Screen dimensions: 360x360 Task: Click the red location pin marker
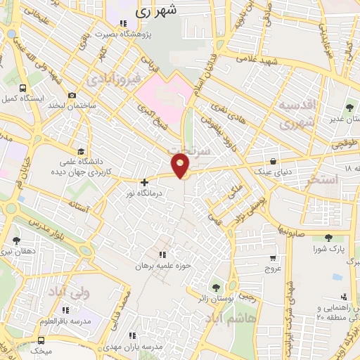tap(181, 166)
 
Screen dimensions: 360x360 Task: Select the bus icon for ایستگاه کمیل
tap(25, 89)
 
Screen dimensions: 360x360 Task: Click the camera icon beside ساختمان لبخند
tap(72, 96)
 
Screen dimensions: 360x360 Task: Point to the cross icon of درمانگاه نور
tap(145, 182)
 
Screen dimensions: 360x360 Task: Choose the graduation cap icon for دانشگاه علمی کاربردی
tap(82, 151)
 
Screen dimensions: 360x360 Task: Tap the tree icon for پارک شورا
tap(328, 238)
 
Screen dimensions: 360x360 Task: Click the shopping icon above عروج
tap(273, 257)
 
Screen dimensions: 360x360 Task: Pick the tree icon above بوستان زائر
tap(215, 287)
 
